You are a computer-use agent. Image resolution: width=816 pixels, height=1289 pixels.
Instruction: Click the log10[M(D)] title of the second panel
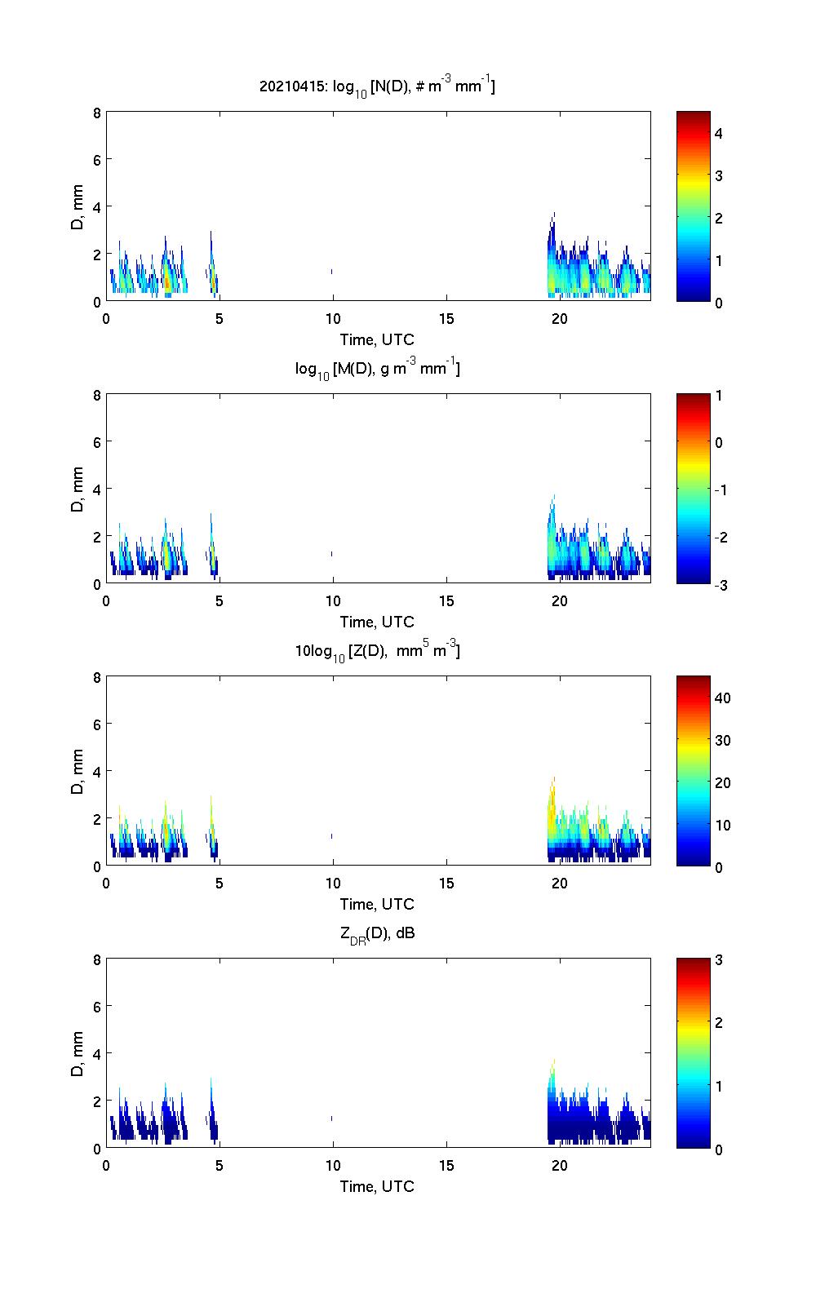(377, 370)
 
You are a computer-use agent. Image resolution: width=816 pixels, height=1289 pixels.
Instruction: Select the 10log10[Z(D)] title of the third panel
(377, 651)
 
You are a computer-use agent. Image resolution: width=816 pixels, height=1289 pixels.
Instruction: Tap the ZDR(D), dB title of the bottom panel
(377, 934)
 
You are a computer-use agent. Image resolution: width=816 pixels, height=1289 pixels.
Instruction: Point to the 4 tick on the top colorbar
(718, 133)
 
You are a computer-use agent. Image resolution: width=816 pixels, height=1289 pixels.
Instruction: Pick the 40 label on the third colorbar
(722, 698)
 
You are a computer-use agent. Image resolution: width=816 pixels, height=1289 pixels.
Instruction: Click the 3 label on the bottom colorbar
(718, 960)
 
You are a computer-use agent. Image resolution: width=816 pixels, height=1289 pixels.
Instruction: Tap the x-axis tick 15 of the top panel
(446, 318)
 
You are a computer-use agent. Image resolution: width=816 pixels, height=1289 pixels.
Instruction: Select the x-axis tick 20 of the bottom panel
(560, 1165)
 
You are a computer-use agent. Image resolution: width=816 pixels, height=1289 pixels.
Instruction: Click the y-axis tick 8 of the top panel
(97, 113)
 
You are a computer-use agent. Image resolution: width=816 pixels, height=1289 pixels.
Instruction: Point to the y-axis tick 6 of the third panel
(97, 724)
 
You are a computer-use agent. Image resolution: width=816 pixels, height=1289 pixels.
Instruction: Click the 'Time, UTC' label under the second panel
(377, 622)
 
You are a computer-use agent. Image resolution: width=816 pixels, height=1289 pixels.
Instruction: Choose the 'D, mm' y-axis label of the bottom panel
(78, 1053)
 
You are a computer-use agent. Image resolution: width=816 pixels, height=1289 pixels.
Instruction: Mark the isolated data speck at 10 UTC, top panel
(332, 271)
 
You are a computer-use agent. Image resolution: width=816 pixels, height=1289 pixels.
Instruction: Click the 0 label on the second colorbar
(718, 443)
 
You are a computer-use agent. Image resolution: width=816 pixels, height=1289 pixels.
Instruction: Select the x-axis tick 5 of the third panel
(220, 883)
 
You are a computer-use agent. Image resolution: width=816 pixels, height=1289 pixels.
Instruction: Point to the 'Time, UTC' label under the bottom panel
(377, 1186)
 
